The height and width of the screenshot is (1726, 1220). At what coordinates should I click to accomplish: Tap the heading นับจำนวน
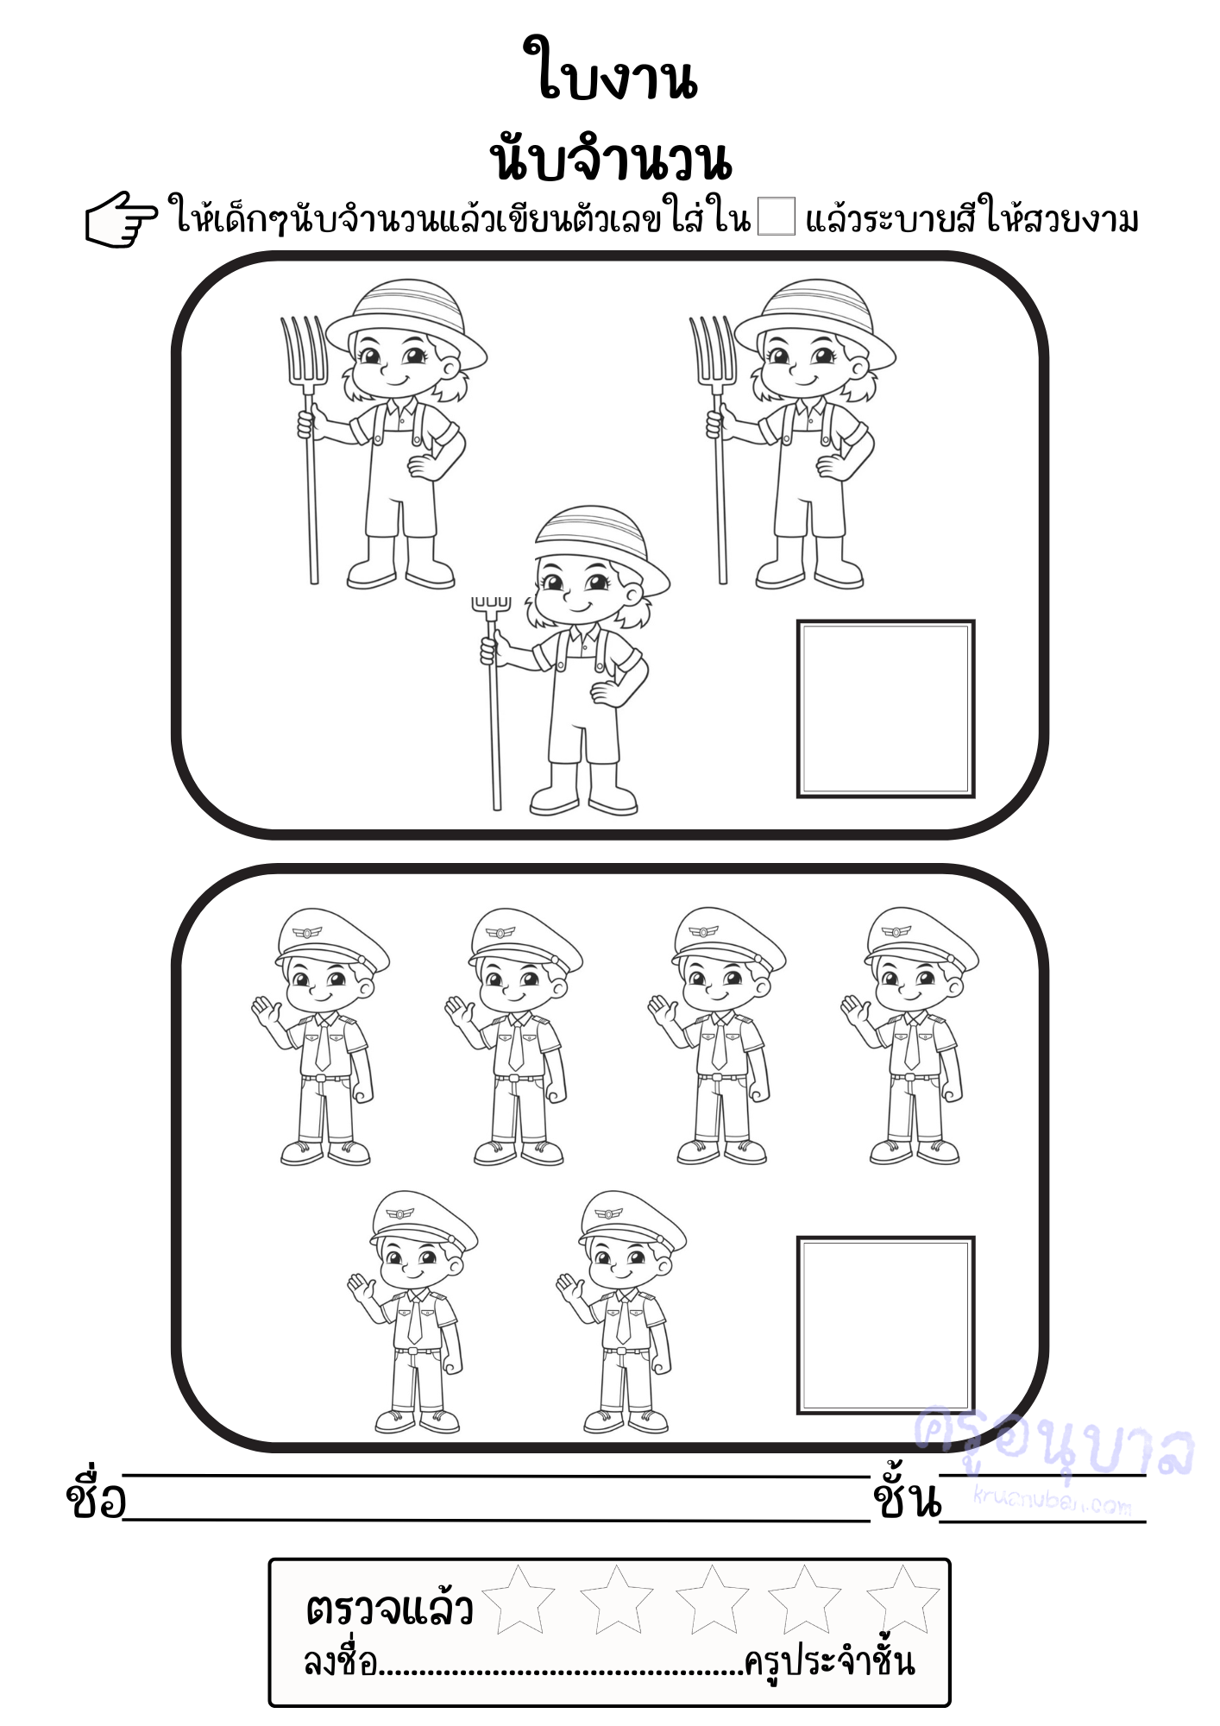coord(611,157)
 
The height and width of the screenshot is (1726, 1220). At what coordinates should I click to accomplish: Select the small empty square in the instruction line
coord(776,216)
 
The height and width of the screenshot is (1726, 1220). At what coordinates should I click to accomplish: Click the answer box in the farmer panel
coord(885,709)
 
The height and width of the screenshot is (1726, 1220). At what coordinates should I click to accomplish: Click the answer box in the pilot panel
coord(885,1325)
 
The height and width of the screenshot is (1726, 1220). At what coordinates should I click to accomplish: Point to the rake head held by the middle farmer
coord(492,605)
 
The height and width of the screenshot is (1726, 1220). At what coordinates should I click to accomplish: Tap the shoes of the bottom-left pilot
coord(418,1420)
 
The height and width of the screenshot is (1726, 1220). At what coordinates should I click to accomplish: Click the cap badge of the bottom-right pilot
coord(609,1213)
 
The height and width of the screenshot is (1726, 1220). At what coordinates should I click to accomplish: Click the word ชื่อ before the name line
coord(95,1498)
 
